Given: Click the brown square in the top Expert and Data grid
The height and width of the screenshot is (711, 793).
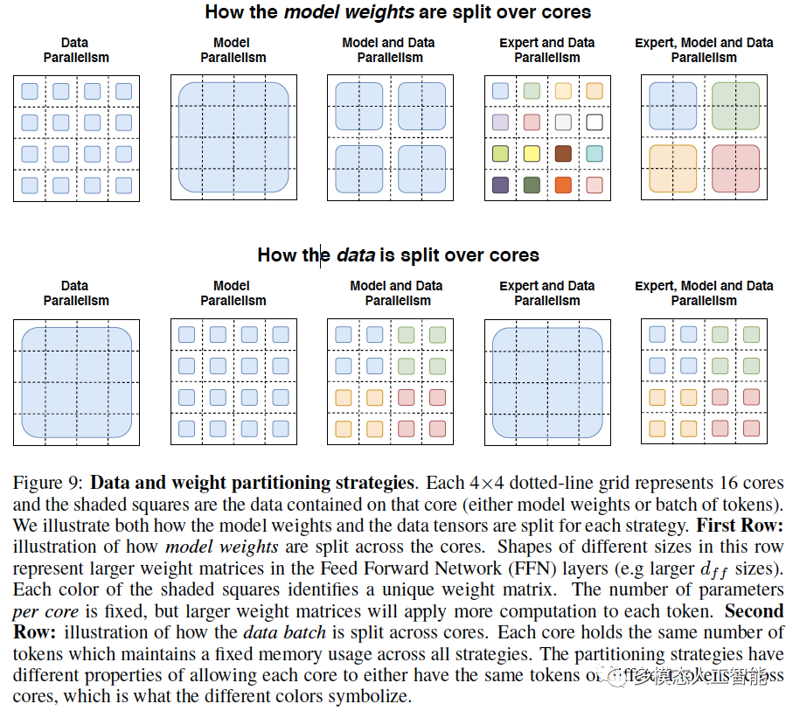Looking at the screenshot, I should coord(563,154).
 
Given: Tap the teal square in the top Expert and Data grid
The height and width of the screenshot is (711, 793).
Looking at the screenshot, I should coord(595,154).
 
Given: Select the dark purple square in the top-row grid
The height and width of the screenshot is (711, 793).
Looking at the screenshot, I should coord(500,185).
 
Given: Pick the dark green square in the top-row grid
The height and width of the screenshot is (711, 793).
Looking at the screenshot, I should coord(532,185).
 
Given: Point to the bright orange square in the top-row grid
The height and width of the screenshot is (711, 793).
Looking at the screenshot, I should coord(563,185).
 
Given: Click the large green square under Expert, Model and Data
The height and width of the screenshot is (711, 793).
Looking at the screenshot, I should coord(735,107).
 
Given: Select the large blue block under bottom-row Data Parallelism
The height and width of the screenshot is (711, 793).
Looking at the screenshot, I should coord(75,382).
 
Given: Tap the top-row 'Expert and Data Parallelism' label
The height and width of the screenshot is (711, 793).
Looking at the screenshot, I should coord(546,50).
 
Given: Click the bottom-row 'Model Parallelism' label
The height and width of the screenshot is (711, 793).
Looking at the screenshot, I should coord(233,293).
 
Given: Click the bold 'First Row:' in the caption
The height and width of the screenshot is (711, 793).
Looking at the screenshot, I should coord(740,526).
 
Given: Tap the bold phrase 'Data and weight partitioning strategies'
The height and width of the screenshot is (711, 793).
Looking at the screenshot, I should coord(252,483).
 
